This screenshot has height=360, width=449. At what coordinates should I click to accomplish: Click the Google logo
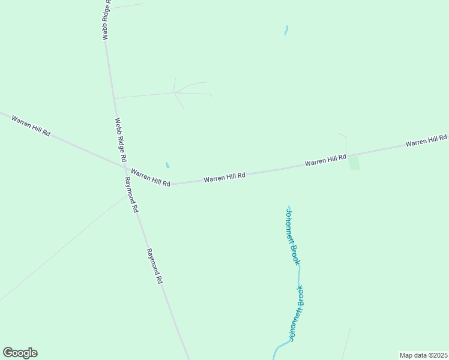point(20,353)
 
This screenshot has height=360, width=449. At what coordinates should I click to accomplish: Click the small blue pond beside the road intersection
point(167,165)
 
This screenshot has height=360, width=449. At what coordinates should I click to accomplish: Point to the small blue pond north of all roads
point(286,30)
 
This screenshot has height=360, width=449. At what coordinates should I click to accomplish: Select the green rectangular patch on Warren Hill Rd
point(354,162)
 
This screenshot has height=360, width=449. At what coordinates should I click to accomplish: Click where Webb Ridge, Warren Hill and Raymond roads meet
point(125,168)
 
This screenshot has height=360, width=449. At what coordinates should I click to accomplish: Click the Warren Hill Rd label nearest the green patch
point(325,160)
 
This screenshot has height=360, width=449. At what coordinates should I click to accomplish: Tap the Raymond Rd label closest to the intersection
point(131,195)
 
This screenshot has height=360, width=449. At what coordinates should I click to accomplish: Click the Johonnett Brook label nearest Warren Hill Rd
point(292,236)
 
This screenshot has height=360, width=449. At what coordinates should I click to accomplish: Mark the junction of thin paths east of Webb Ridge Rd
point(174,93)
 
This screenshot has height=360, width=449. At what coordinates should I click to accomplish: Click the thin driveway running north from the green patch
point(346,144)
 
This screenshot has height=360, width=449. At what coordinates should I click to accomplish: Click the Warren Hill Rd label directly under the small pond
point(151,177)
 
